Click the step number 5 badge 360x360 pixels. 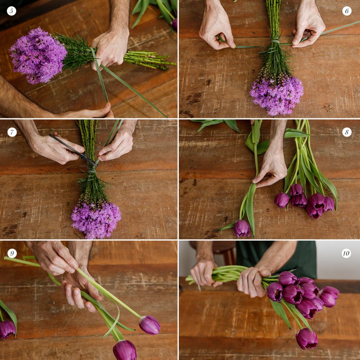[11, 11]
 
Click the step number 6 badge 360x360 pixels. [347, 11]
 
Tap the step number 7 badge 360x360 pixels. [12, 132]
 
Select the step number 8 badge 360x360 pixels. [347, 132]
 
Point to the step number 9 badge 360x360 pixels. [12, 253]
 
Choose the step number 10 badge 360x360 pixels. [346, 253]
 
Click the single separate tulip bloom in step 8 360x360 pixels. [242, 228]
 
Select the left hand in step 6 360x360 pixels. [216, 27]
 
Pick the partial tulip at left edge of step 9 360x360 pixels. [7, 329]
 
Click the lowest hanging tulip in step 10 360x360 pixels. [307, 338]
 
